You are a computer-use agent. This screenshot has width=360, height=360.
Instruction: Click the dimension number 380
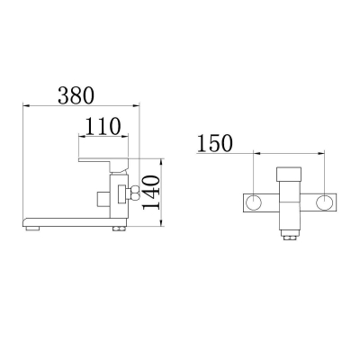[x=76, y=95]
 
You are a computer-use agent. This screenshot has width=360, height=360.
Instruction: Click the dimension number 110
[x=103, y=126]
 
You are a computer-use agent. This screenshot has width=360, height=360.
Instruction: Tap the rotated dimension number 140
[x=150, y=193]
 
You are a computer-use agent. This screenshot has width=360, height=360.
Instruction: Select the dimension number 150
[x=215, y=143]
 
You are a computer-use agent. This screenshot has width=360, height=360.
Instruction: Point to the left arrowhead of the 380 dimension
[x=26, y=105]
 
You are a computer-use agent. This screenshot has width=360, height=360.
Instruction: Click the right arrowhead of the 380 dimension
[x=136, y=105]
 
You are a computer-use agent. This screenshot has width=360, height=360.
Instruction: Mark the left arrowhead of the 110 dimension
[x=82, y=136]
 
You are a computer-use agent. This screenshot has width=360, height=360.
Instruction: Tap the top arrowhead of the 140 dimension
[x=162, y=162]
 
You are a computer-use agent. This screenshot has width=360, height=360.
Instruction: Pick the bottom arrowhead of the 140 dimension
[x=162, y=222]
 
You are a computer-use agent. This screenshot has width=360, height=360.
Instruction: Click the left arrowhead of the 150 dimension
[x=257, y=154]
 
